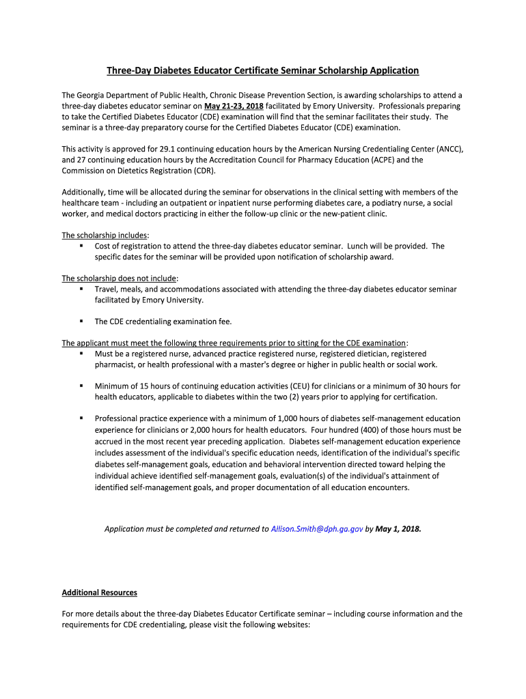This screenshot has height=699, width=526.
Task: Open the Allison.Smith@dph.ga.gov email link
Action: [x=318, y=528]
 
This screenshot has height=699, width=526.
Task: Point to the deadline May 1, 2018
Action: [x=398, y=528]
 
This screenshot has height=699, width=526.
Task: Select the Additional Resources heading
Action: [x=99, y=593]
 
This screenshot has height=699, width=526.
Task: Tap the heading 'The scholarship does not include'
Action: [x=119, y=279]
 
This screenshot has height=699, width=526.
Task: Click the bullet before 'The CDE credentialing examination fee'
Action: [x=81, y=321]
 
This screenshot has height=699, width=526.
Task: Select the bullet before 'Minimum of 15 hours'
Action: [x=81, y=386]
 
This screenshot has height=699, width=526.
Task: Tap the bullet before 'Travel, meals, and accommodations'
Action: [x=81, y=289]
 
